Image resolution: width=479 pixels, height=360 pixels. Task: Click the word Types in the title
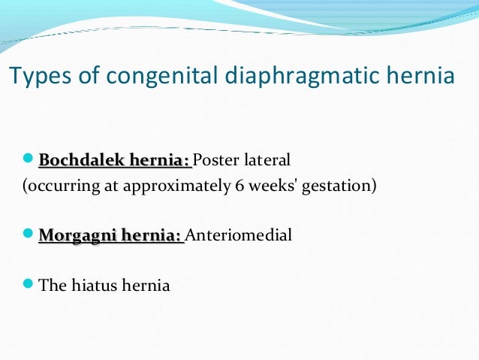[32, 77]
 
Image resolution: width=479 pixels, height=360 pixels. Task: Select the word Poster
[216, 160]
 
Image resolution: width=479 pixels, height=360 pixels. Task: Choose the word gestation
[339, 185]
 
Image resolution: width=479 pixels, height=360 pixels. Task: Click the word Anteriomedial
[238, 235]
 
